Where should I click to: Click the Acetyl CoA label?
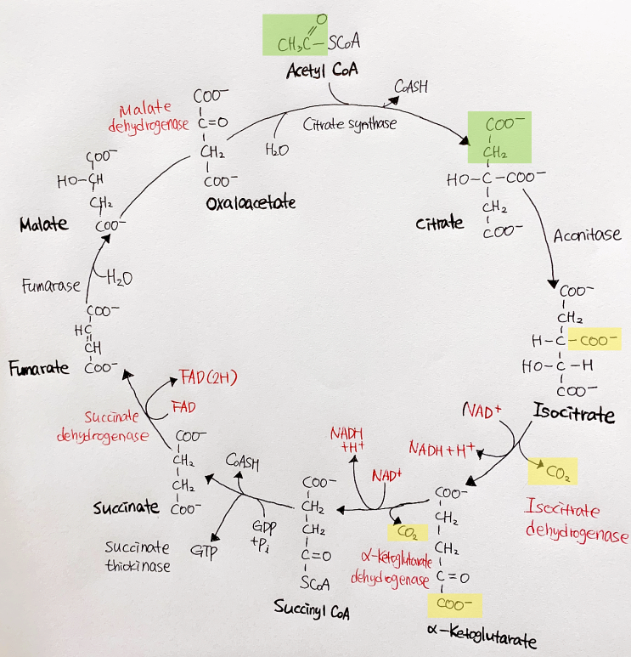tap(321, 71)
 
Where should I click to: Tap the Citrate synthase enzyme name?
tap(349, 124)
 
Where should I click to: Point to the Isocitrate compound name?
tap(573, 415)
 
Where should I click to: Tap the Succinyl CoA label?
tap(311, 609)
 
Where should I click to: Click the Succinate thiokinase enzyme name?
tap(138, 557)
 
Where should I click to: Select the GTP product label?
tap(204, 552)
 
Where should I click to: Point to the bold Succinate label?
tap(126, 507)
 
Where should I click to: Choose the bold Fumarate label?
tap(39, 369)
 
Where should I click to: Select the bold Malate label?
tap(43, 224)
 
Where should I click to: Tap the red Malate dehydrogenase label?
tap(144, 118)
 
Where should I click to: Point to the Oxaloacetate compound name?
tap(251, 203)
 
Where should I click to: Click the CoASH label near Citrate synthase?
tap(412, 87)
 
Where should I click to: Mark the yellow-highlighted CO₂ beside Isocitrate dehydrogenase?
tap(552, 471)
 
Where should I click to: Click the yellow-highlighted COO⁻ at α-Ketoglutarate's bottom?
tap(453, 604)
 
